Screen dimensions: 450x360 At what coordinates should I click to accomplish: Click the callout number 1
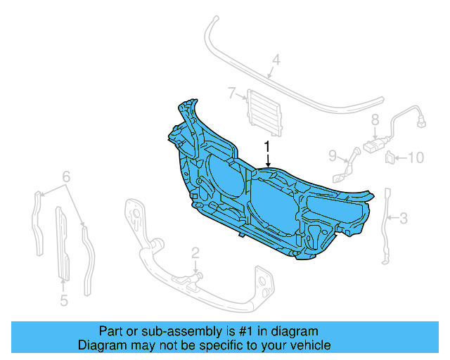click(x=267, y=146)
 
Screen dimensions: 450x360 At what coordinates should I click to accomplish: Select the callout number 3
click(x=403, y=219)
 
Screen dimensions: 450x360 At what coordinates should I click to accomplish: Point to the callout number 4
click(x=276, y=61)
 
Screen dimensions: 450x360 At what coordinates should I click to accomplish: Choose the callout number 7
click(x=231, y=93)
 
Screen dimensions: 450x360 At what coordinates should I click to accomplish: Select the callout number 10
click(x=416, y=157)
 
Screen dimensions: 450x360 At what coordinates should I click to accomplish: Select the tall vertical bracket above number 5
click(x=62, y=243)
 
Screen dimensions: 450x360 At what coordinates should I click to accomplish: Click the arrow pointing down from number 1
click(x=267, y=160)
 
